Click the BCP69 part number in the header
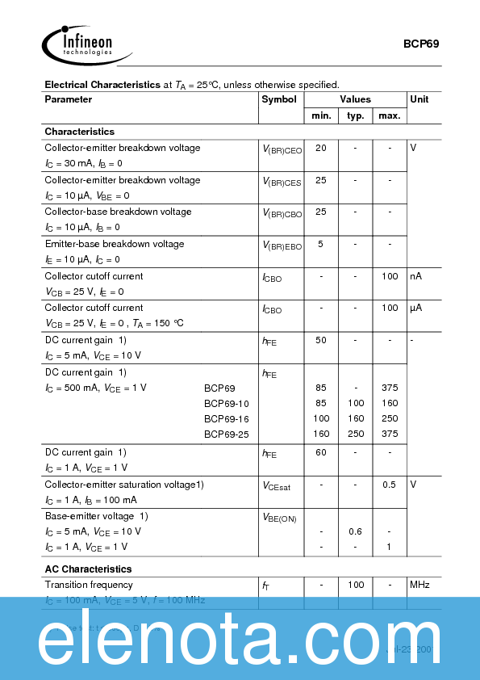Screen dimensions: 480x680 pos(421,44)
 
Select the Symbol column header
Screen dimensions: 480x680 pos(279,99)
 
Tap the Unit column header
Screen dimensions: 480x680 pos(419,99)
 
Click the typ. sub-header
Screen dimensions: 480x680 pos(355,116)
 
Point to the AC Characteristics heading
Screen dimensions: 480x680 pos(88,569)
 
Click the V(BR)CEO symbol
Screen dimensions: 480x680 pos(282,149)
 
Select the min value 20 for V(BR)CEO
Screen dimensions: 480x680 pos(321,148)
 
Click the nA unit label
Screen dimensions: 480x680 pos(416,276)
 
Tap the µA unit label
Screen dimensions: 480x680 pos(416,308)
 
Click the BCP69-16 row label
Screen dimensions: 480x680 pos(227,418)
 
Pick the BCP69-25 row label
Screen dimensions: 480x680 pos(227,434)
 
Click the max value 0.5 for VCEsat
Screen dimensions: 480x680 pos(389,485)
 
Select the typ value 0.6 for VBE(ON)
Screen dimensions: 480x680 pos(355,531)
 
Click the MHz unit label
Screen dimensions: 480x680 pos(419,584)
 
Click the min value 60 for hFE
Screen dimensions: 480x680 pos(321,452)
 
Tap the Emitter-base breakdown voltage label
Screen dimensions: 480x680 pos(115,244)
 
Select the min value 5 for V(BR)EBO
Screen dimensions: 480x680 pos(321,244)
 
